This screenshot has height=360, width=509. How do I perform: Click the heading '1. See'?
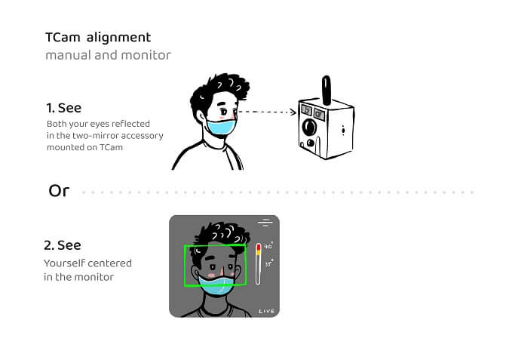63,109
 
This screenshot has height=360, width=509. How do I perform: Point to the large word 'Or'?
59,191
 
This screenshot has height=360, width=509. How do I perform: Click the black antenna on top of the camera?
327,89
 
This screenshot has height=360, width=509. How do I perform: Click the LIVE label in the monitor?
266,311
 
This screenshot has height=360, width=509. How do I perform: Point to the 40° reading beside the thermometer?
268,246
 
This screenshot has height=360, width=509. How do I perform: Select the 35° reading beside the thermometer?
268,264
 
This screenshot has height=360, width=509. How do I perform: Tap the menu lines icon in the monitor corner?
265,223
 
